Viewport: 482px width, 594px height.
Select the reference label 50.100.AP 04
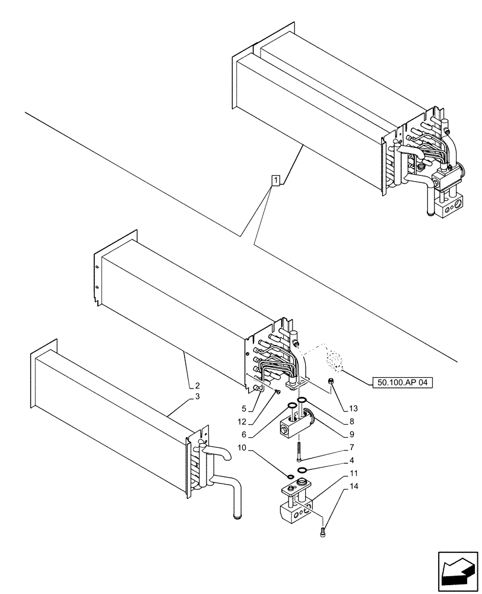401,383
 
